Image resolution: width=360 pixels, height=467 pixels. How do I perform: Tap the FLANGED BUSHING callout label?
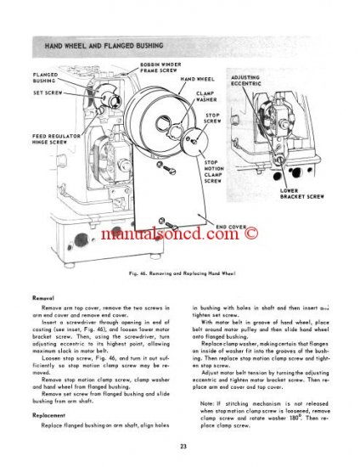[x=48, y=77]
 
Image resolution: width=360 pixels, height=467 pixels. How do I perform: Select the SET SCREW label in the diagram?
[x=45, y=92]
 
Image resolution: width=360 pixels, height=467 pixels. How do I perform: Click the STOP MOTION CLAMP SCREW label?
[x=213, y=171]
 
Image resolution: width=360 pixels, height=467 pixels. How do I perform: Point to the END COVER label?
[x=231, y=228]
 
